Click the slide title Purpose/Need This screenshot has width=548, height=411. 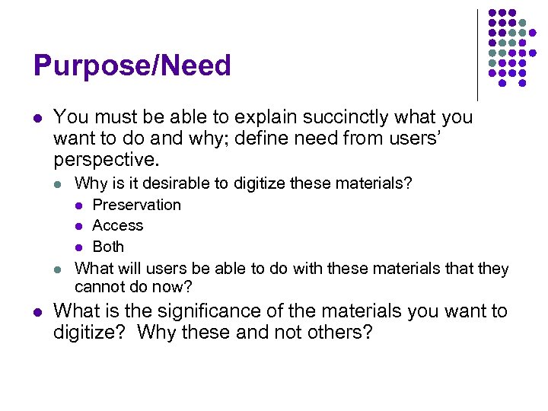pyautogui.click(x=132, y=66)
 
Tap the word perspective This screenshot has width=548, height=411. pyautogui.click(x=104, y=161)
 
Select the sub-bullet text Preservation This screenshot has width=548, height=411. pyautogui.click(x=136, y=205)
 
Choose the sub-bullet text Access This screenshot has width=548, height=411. pyautogui.click(x=117, y=225)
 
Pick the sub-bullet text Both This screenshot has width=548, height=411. pyautogui.click(x=108, y=247)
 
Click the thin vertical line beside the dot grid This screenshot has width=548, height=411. pyautogui.click(x=477, y=55)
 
